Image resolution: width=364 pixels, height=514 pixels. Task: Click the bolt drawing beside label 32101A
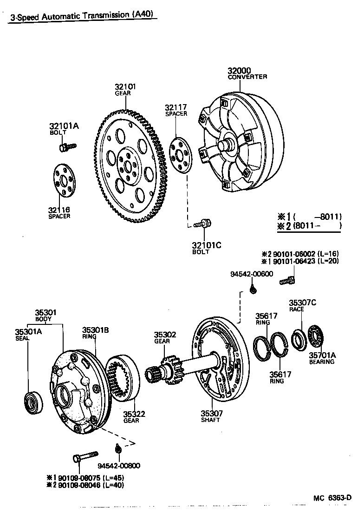pos(67,147)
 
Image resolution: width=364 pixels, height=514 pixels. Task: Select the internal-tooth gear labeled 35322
pos(123,377)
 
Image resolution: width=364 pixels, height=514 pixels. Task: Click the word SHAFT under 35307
pos(210,420)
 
